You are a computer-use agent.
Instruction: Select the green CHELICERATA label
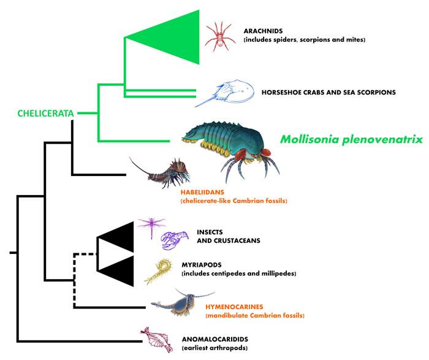point(45,113)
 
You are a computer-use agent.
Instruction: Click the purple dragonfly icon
point(150,226)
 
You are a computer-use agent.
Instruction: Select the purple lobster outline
point(172,241)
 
